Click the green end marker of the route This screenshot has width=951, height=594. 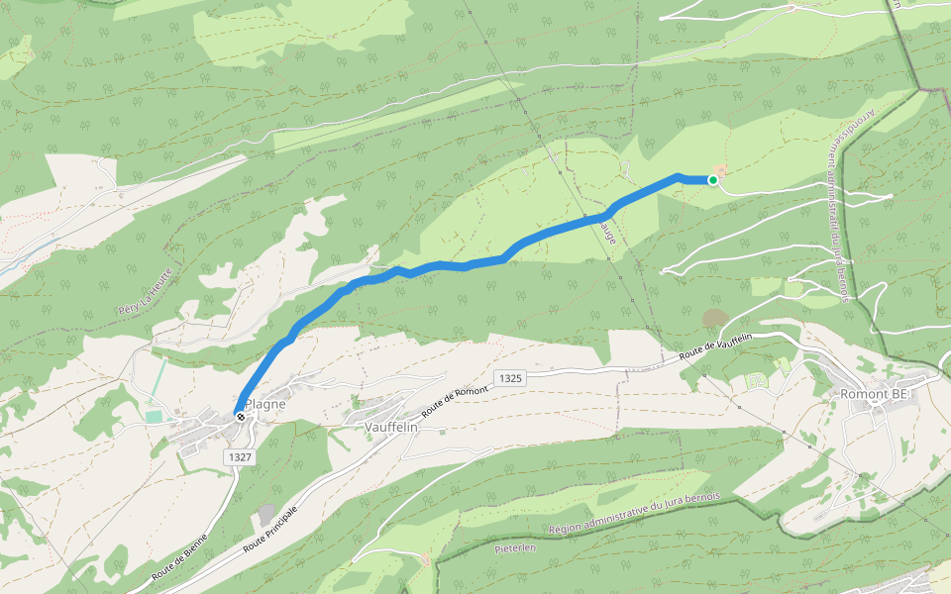click(x=712, y=179)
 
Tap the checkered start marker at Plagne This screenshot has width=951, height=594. click(x=240, y=417)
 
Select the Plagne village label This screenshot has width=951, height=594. click(x=265, y=404)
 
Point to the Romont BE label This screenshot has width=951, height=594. click(x=874, y=394)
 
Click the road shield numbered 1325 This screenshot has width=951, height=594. click(x=510, y=378)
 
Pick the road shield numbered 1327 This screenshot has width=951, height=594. click(x=240, y=456)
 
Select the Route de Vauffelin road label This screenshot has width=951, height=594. click(x=716, y=347)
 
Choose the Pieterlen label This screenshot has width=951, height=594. click(x=514, y=547)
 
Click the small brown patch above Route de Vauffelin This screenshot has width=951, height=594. click(x=713, y=318)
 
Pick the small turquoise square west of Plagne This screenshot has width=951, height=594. click(x=154, y=417)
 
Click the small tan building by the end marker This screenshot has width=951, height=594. click(x=719, y=170)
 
